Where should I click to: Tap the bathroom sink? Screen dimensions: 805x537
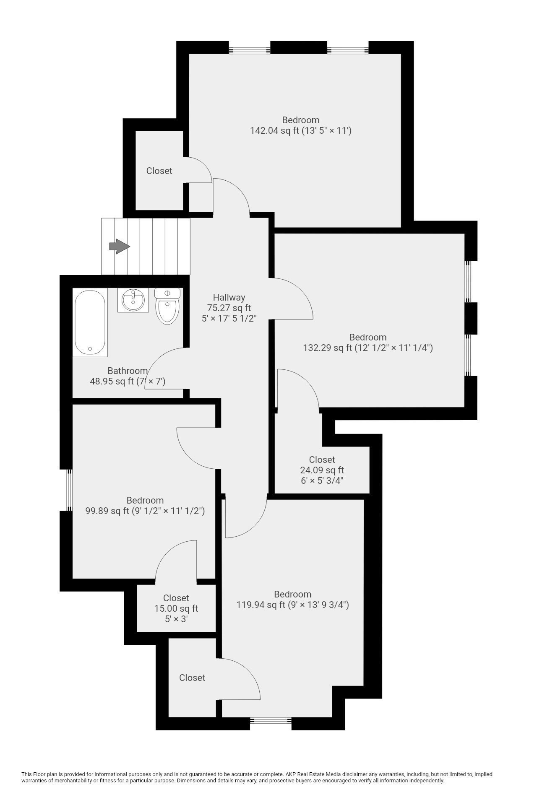click(133, 300)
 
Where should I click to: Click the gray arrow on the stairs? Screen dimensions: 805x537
click(120, 246)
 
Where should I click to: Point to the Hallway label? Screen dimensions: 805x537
click(229, 297)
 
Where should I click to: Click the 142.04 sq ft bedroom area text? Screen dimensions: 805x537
click(300, 131)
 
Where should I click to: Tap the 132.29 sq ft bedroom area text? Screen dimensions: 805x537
click(368, 348)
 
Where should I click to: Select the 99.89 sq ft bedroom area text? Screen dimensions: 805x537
click(145, 511)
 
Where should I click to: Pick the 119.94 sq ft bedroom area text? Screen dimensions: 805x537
click(292, 605)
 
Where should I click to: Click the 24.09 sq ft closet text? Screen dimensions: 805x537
click(322, 470)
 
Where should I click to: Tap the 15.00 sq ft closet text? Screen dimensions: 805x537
click(176, 608)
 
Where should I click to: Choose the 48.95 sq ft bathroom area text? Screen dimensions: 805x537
click(128, 382)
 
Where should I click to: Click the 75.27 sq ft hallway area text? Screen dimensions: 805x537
click(229, 308)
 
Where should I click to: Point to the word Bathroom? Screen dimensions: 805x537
click(128, 371)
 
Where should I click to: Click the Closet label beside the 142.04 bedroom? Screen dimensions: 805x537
click(159, 171)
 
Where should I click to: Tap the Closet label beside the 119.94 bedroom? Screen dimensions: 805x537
click(192, 678)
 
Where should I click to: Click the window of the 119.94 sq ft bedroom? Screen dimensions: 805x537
click(271, 720)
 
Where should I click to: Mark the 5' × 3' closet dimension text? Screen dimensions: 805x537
click(176, 619)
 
